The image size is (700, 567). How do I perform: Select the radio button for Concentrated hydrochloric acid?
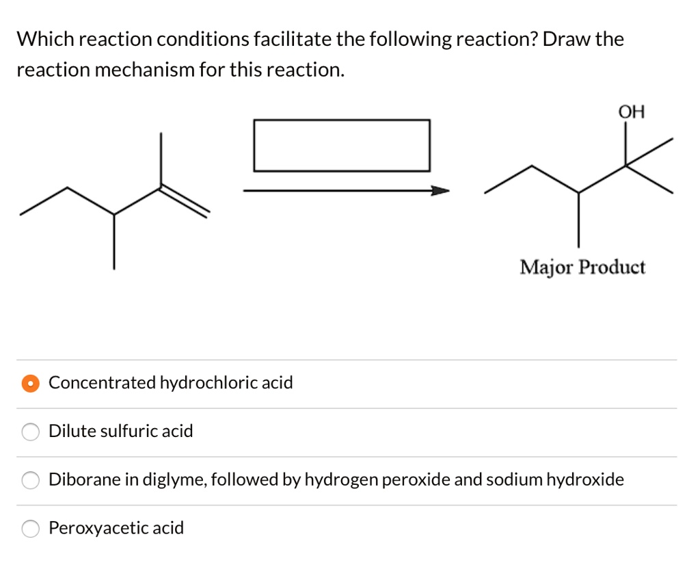pos(30,383)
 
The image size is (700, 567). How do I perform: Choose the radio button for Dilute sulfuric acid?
pos(30,432)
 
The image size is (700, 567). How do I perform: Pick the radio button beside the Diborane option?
pos(30,480)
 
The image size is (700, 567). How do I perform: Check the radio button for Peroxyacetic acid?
pos(30,529)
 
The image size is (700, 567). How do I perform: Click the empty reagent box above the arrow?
pos(342,145)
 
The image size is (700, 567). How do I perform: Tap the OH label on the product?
pos(631,111)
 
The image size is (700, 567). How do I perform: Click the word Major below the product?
pos(546,267)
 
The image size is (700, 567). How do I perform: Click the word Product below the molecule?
pos(612,267)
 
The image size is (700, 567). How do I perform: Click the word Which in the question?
pos(45,40)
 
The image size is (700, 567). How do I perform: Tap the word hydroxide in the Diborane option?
pos(585,480)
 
